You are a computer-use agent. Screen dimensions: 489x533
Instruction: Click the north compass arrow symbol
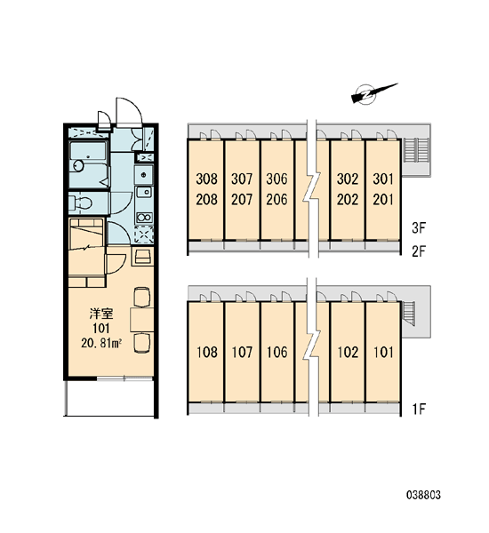pos(373,92)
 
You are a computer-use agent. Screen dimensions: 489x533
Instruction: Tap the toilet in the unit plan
pos(80,203)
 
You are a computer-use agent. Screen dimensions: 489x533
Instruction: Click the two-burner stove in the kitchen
pos(144,218)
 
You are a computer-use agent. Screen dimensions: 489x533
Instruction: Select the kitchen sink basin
pos(144,192)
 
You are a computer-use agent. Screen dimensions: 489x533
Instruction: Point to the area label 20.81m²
pos(101,343)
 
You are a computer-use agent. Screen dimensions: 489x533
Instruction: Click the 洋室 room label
pos(101,314)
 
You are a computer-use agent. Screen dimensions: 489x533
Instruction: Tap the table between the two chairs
pos(142,320)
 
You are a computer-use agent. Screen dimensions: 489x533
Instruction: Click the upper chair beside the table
pos(142,297)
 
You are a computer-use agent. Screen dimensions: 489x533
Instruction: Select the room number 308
pos(206,179)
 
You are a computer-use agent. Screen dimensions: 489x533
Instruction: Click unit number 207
pos(242,200)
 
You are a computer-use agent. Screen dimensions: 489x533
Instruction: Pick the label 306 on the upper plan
pos(277,179)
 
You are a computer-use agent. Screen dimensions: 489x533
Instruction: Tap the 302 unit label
pos(348,179)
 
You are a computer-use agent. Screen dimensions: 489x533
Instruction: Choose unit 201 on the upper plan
pos(383,200)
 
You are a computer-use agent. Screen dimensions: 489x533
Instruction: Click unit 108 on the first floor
pos(207,352)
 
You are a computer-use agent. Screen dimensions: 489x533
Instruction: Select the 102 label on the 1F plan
pos(348,352)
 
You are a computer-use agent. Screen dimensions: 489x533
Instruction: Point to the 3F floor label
pos(419,228)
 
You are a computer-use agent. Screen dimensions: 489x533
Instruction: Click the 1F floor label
pos(419,409)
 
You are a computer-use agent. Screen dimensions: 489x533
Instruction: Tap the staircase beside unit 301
pos(415,150)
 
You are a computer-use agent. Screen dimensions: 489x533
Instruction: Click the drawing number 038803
pos(423,495)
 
